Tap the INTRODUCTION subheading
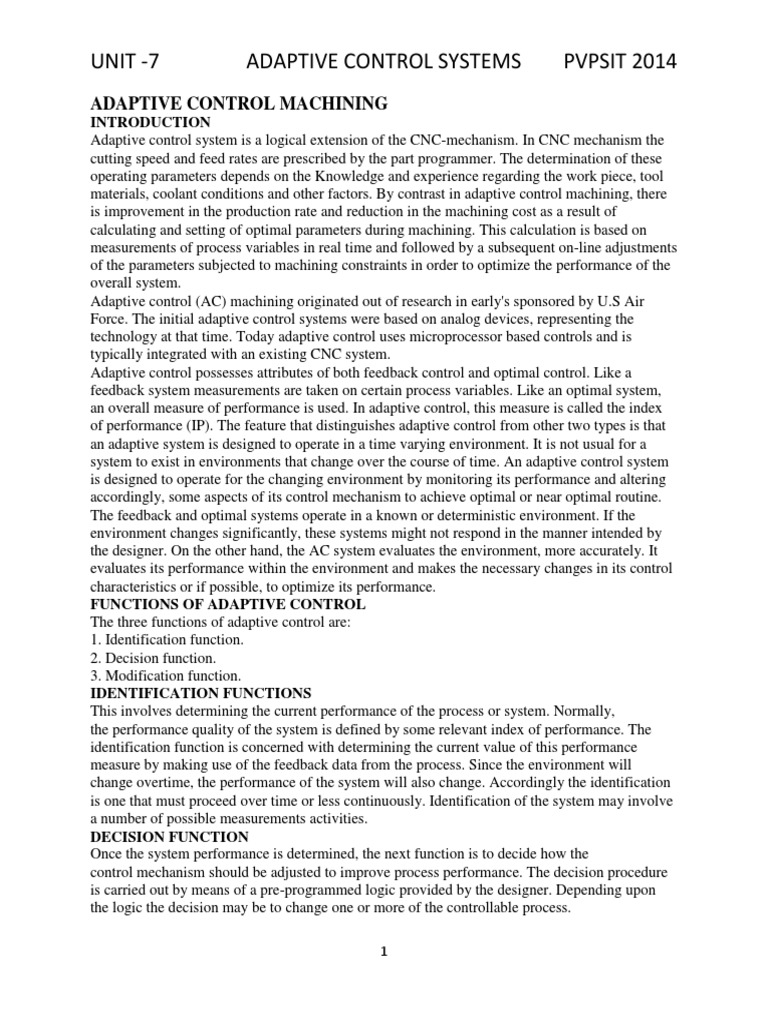150,122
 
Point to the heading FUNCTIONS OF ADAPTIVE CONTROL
228,605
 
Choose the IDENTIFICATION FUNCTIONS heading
202,692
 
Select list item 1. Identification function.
167,640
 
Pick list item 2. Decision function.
153,658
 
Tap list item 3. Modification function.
165,676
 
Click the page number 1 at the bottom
383,953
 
